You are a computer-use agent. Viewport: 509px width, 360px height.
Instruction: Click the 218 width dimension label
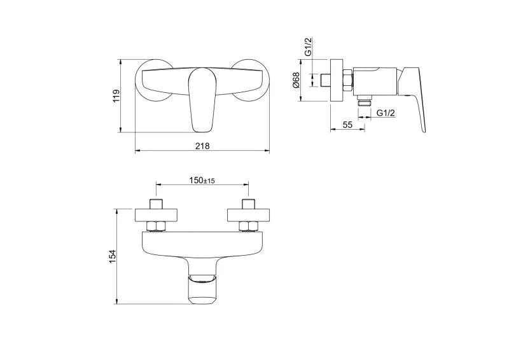coord(202,146)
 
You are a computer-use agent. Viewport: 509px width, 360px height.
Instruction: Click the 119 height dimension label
coord(116,96)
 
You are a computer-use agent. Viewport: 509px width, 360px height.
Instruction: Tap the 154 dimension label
coord(112,256)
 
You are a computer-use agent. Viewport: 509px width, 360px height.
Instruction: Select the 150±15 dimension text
coord(202,180)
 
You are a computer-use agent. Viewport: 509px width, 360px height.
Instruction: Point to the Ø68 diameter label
coord(296,80)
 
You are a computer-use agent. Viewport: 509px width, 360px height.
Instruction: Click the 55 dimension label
coord(347,125)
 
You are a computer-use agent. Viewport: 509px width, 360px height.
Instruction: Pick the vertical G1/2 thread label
coord(309,46)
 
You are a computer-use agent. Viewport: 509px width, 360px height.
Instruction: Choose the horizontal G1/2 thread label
coord(386,113)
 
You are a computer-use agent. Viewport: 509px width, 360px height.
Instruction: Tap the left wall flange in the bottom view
coord(157,215)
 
